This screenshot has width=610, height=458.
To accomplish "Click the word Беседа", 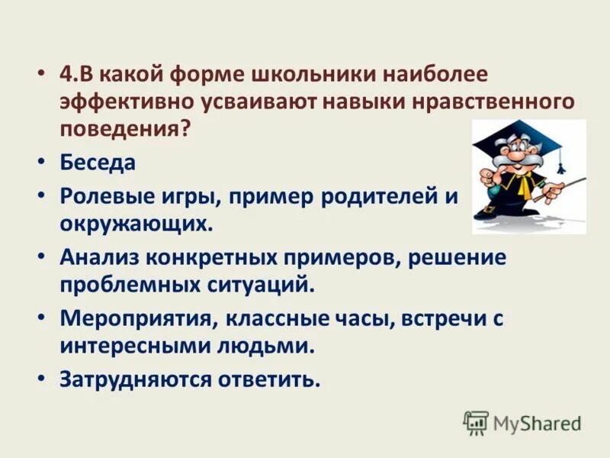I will (98, 163).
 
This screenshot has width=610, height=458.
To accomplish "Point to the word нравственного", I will (486, 102).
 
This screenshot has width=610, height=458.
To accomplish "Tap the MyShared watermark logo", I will (523, 422).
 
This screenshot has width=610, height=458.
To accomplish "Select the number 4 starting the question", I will (65, 74).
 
